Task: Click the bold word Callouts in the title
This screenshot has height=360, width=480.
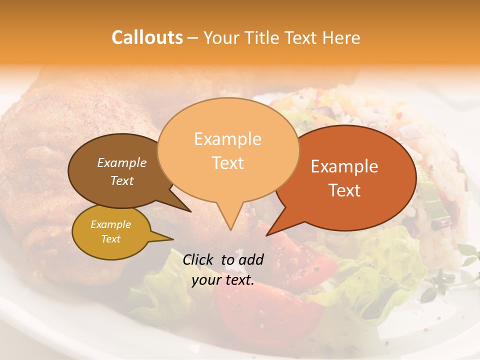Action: click(147, 37)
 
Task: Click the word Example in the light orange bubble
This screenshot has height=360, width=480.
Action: click(227, 139)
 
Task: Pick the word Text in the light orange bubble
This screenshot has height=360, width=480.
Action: click(227, 162)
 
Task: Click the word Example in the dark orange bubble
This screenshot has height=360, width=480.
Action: click(344, 166)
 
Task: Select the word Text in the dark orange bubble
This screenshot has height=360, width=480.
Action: click(344, 190)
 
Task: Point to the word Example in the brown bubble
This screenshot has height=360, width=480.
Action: click(122, 162)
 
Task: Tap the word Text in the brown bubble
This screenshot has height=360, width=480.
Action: click(122, 180)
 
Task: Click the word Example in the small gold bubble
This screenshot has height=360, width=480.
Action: click(110, 224)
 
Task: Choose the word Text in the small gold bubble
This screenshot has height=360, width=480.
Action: click(110, 239)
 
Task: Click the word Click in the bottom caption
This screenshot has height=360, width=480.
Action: click(198, 259)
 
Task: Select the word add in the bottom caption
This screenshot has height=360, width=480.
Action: click(251, 259)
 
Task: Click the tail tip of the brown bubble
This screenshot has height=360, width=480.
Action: click(190, 211)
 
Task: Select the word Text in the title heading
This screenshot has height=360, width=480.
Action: click(302, 38)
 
